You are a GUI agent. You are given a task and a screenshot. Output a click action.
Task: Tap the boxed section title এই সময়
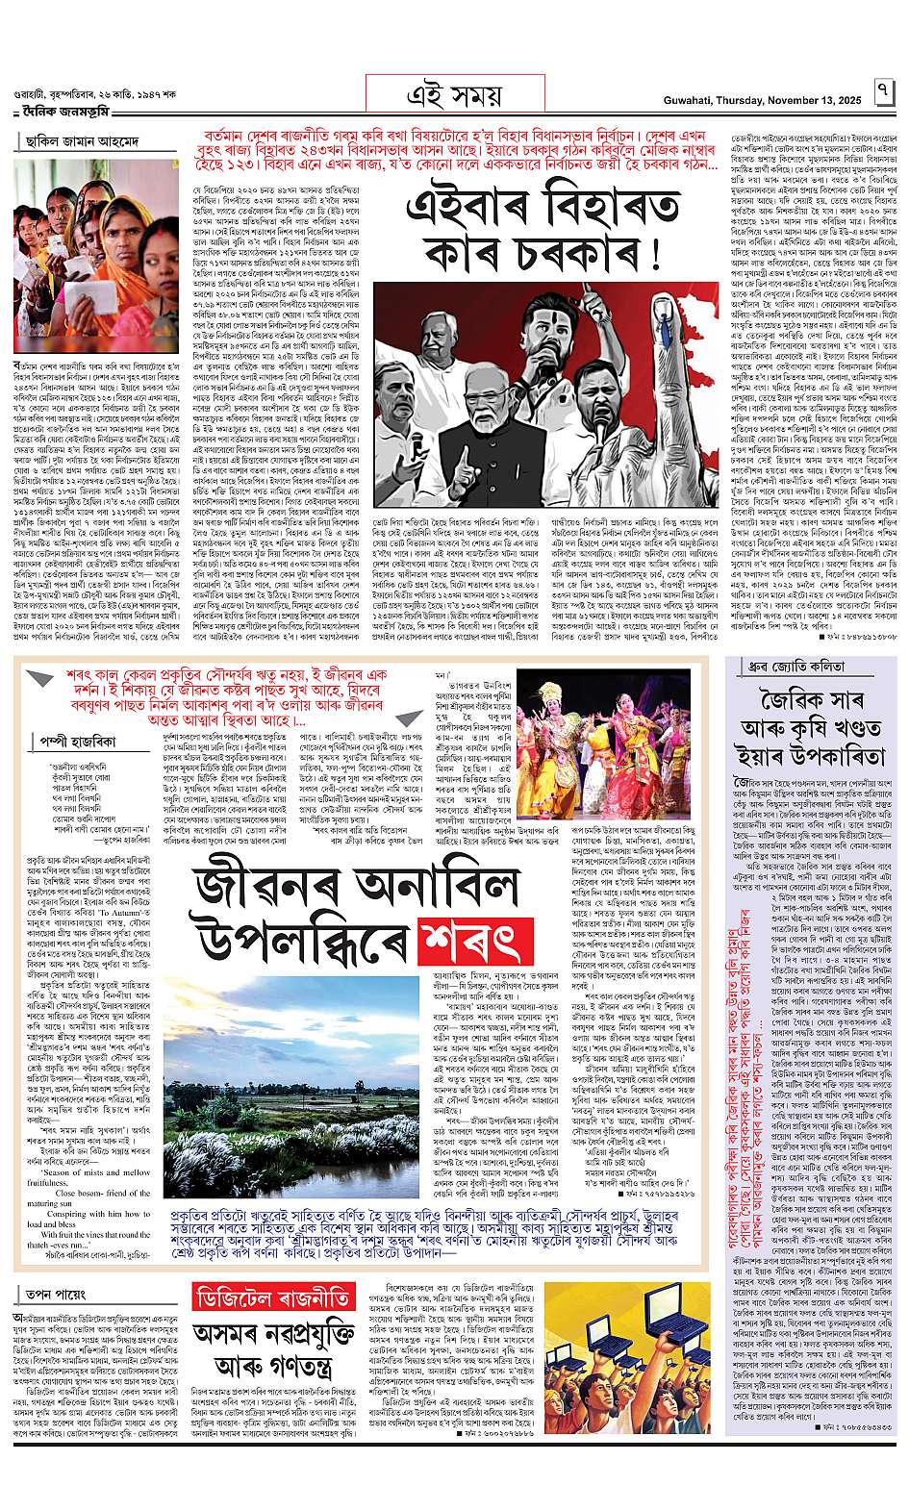tap(455, 93)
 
